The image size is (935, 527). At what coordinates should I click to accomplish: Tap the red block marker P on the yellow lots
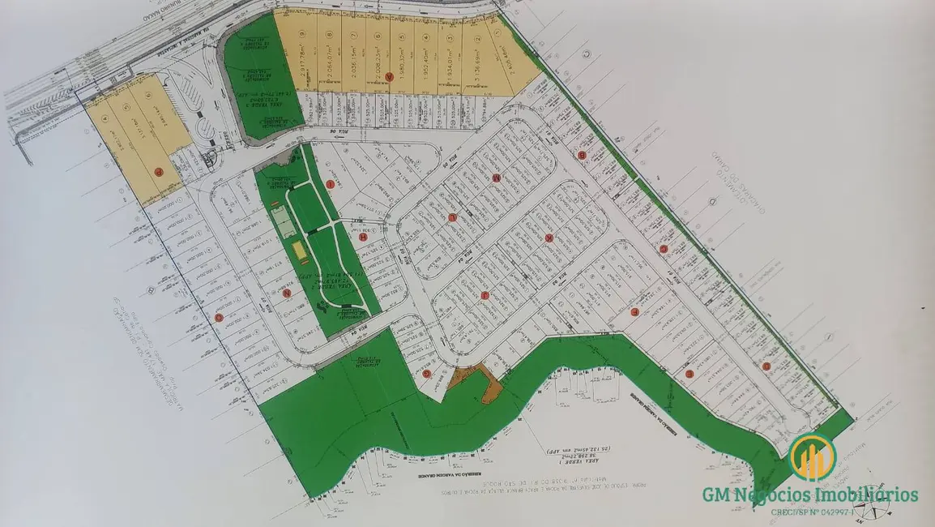159,171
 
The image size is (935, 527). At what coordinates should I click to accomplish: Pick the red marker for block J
484,296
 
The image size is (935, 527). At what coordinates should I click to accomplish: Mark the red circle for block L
549,238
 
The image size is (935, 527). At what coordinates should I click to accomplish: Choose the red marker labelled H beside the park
363,237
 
